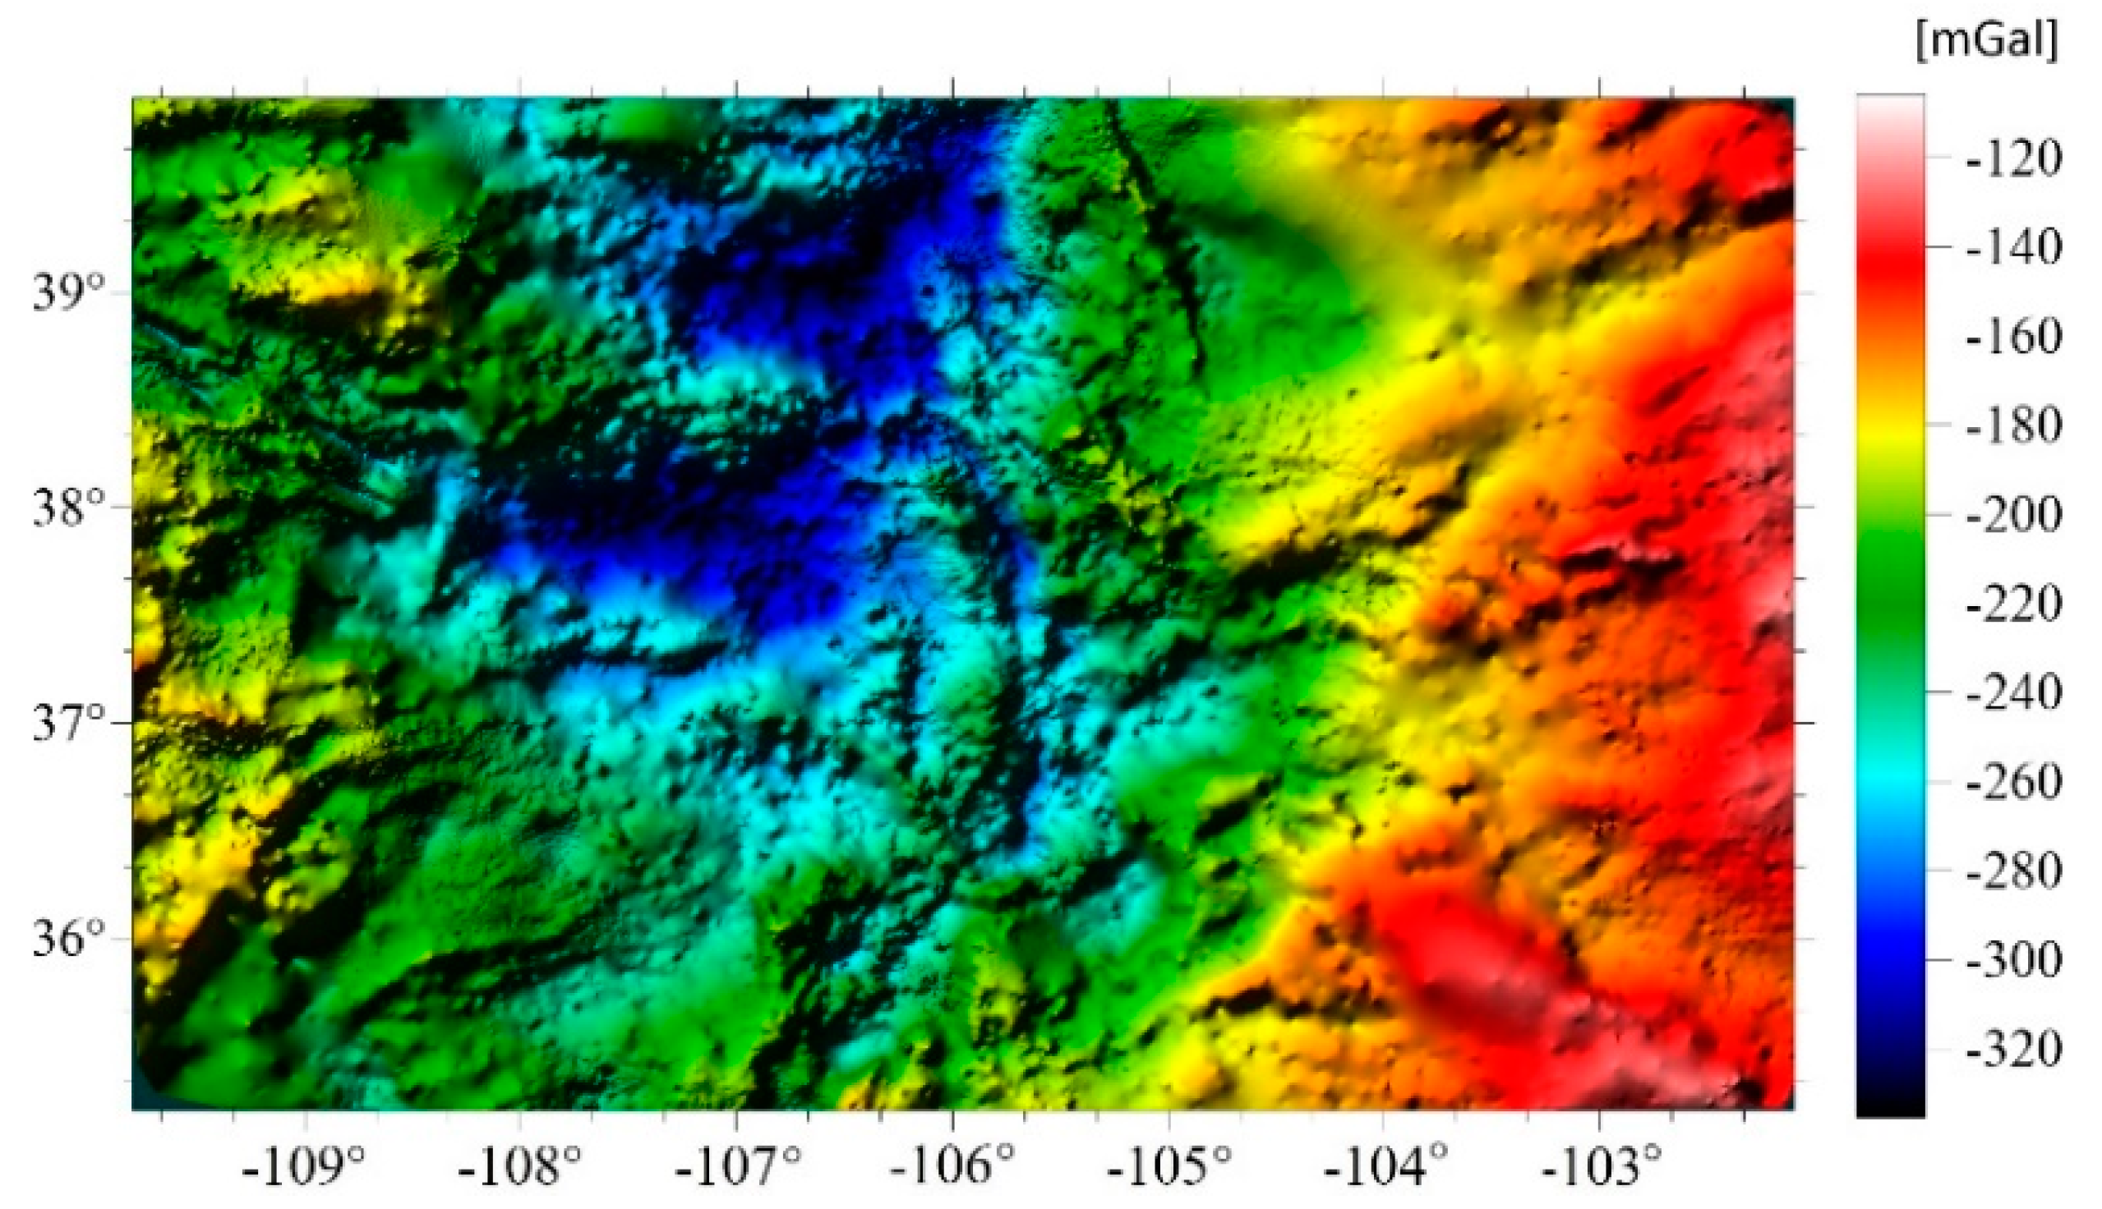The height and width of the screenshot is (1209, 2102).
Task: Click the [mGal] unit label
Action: [1987, 40]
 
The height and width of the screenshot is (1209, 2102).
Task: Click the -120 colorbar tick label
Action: [2014, 158]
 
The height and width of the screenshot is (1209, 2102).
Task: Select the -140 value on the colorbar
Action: [2014, 247]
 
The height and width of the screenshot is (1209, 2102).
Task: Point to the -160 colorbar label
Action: [2014, 336]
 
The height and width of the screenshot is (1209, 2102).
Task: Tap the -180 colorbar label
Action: [2014, 426]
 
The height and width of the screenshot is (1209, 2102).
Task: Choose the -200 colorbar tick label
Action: [2014, 515]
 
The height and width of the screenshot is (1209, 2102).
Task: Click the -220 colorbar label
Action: [2014, 604]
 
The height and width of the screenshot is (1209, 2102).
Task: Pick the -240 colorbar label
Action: [2014, 692]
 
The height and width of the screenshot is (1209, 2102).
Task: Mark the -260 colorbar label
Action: [2014, 782]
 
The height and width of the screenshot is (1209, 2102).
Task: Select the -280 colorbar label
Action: [2014, 871]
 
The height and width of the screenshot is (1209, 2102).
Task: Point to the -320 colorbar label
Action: [2014, 1050]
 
